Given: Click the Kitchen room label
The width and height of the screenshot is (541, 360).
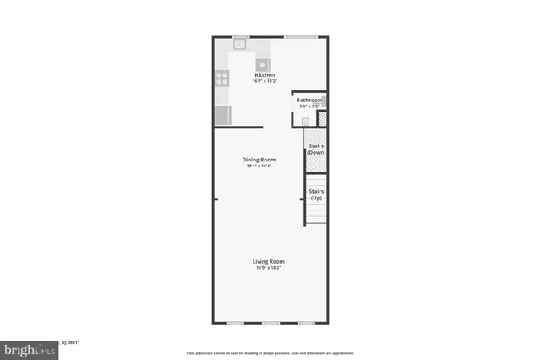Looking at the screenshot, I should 265,75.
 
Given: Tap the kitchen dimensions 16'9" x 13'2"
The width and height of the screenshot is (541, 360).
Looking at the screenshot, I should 265,82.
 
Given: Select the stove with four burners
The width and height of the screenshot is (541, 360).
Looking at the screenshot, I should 221,78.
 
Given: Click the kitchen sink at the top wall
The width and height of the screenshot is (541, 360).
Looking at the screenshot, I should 240,42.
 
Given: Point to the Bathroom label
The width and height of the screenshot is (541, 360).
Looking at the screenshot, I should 309,100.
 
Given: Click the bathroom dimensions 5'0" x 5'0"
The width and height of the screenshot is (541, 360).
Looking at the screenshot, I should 309,106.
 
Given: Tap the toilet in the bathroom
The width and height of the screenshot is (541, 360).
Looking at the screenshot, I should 305,121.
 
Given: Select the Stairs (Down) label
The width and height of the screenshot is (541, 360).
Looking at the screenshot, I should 316,149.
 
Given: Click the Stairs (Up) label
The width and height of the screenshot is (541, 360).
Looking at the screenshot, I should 316,194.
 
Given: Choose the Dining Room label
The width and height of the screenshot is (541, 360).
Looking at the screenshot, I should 259,159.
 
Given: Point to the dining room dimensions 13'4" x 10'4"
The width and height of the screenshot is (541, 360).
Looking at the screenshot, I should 259,166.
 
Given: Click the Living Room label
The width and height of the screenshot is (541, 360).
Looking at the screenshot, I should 268,261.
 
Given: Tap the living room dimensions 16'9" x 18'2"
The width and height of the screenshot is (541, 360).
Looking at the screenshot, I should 268,268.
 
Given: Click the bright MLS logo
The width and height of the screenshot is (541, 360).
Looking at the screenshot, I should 25,349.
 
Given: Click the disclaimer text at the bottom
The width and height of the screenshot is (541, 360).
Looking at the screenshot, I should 270,352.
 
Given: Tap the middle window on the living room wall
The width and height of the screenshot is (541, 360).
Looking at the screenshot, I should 270,323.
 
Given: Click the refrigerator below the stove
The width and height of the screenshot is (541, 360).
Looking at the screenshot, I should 221,114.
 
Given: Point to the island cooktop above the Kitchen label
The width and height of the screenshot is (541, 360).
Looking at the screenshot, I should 263,63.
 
